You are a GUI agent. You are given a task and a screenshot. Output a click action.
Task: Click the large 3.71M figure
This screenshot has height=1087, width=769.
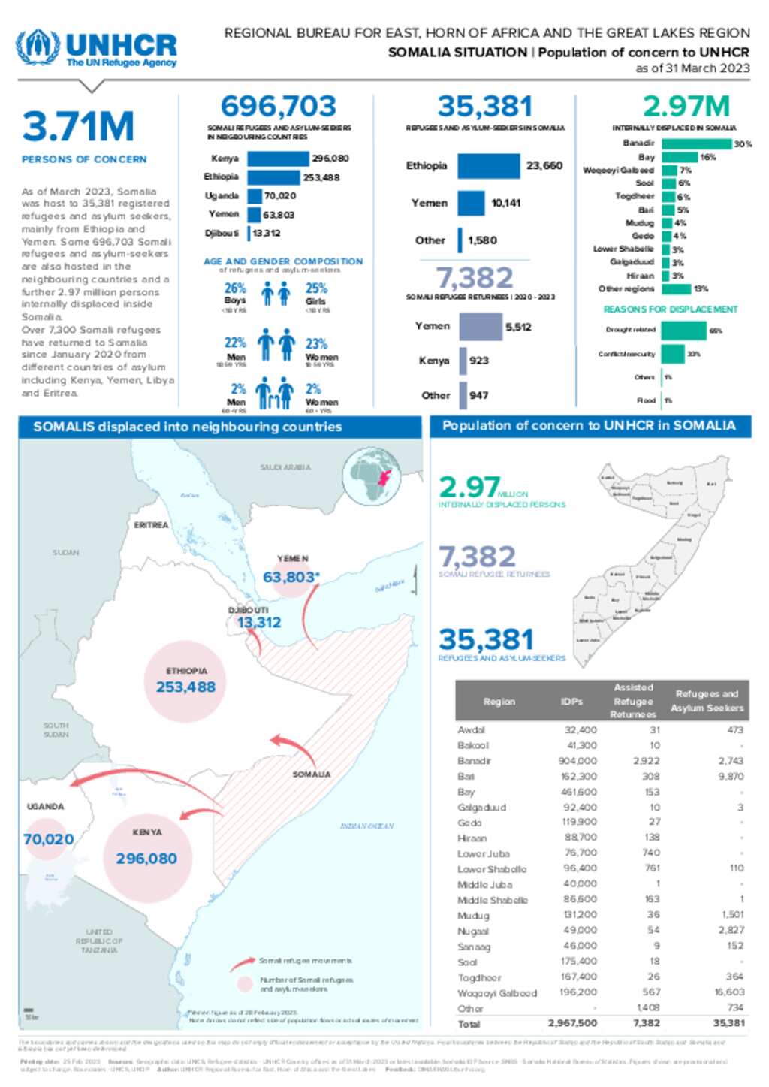[x=78, y=126]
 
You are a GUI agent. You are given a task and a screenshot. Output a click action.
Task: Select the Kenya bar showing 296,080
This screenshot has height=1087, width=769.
[x=278, y=159]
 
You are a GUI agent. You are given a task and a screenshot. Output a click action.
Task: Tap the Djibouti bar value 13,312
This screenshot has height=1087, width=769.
[x=267, y=233]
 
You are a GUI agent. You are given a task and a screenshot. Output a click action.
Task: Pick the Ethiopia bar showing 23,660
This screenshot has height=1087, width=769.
[x=488, y=165]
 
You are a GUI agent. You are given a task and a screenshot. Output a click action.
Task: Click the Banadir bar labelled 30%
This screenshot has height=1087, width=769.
[x=696, y=143]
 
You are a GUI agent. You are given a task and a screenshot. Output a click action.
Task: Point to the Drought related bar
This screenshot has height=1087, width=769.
[x=683, y=330]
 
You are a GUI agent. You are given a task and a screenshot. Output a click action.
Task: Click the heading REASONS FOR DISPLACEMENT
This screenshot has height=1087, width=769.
[x=670, y=309]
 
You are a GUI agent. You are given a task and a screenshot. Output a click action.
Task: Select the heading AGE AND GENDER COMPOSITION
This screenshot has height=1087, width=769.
[x=282, y=261]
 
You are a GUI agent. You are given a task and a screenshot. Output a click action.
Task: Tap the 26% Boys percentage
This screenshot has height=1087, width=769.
[x=235, y=288]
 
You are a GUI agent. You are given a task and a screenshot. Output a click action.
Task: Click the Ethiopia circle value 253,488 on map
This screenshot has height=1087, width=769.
[x=185, y=687]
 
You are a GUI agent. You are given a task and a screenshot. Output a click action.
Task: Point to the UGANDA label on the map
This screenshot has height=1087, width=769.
[x=46, y=806]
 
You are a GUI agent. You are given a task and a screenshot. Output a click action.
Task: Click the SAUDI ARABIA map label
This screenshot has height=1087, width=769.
[x=285, y=467]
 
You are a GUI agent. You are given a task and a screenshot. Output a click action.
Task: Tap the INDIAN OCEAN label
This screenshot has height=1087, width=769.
[x=366, y=826]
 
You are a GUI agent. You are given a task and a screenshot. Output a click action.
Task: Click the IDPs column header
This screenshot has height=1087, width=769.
[x=571, y=701]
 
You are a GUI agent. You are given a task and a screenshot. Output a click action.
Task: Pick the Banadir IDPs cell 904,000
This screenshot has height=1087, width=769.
[x=579, y=761]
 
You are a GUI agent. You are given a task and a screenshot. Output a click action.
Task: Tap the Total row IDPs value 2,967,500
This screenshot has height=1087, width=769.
[x=572, y=1023]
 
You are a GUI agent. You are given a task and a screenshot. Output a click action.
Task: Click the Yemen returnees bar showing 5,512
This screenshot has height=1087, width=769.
[x=481, y=327]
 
